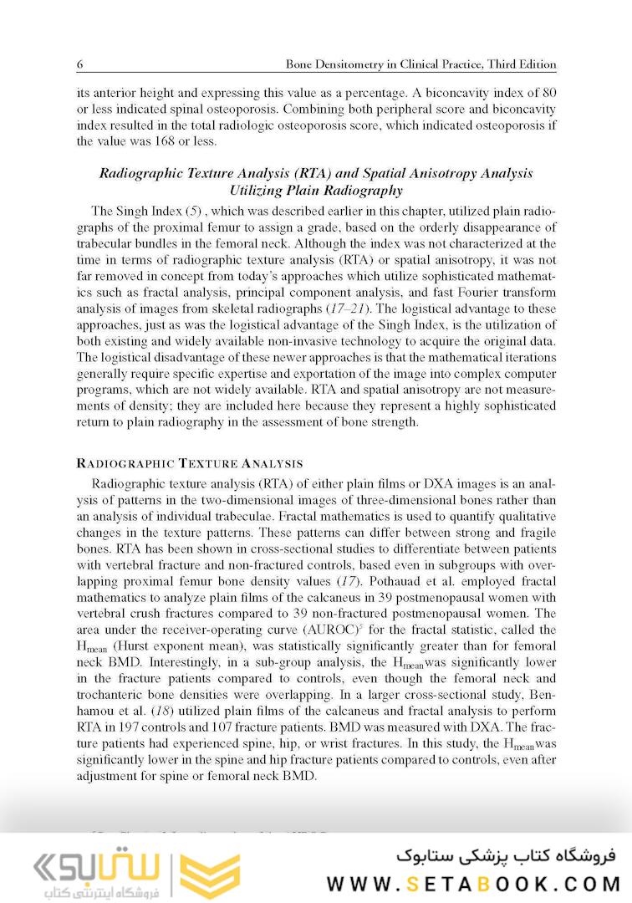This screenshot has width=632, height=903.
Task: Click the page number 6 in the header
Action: (79, 64)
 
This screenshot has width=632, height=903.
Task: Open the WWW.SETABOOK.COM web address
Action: (473, 884)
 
